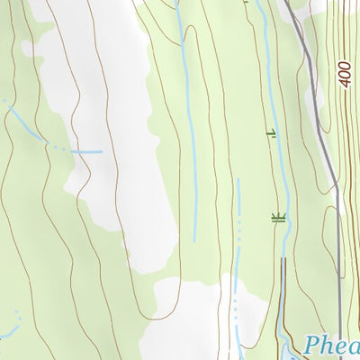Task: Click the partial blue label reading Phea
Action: (x=331, y=346)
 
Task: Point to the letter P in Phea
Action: (x=311, y=346)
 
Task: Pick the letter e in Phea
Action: (x=340, y=347)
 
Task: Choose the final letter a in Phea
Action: (x=353, y=347)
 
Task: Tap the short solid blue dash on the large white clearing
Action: (x=87, y=152)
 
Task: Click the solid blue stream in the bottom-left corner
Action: (x=7, y=335)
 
